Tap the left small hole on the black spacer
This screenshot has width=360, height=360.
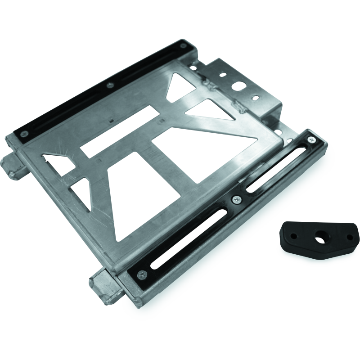(x=293, y=235)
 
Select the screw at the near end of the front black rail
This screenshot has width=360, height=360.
(x=143, y=272)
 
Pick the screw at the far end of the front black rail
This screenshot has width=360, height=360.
(x=311, y=140)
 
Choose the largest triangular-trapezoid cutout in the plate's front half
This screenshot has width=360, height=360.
(x=144, y=198)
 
